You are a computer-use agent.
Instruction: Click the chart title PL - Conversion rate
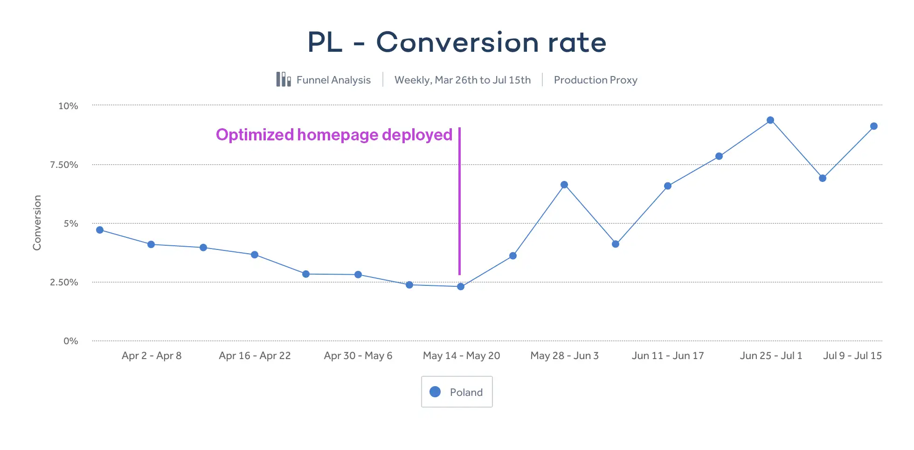point(457,42)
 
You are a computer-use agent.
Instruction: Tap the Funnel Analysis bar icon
point(283,79)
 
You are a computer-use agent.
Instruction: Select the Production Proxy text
point(595,80)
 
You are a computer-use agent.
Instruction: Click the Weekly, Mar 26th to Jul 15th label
point(462,80)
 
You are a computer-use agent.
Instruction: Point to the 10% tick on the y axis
point(68,106)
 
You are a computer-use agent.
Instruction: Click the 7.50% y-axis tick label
point(64,165)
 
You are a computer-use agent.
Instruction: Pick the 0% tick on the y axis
point(71,341)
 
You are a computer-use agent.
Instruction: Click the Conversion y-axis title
point(37,222)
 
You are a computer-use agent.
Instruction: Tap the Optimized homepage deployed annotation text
point(334,135)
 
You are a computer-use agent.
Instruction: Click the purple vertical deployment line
point(459,201)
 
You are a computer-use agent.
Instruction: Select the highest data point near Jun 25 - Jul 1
point(770,120)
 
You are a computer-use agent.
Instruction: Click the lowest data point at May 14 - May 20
point(461,286)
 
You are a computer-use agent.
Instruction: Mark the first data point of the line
point(100,230)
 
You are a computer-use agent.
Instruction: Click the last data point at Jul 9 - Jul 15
point(874,126)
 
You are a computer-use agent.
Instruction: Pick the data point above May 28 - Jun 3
point(564,185)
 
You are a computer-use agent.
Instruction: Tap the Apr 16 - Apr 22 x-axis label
point(255,356)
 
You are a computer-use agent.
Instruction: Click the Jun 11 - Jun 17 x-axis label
point(667,356)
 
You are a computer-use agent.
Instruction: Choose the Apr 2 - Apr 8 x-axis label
point(152,356)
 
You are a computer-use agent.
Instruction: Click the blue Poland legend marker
point(435,392)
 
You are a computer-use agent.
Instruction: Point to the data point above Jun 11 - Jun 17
point(668,186)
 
